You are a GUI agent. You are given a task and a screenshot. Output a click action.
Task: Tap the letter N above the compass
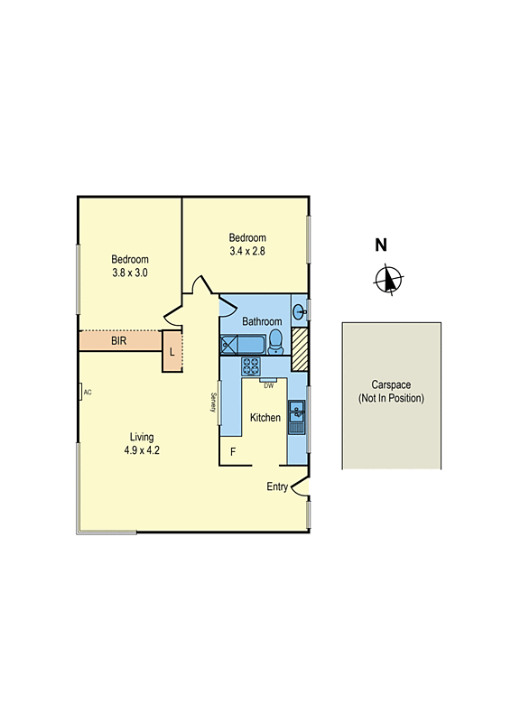click(x=381, y=245)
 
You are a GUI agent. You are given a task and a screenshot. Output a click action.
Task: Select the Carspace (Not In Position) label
click(x=391, y=392)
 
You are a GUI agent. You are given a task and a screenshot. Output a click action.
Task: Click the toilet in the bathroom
click(x=277, y=342)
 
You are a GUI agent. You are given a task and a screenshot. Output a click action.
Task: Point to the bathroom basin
click(x=301, y=312)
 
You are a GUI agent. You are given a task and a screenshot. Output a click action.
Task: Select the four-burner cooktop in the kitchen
click(x=250, y=366)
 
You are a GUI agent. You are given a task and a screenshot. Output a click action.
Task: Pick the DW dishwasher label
click(x=268, y=385)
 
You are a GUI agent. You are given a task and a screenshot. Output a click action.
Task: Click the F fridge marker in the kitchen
click(x=232, y=451)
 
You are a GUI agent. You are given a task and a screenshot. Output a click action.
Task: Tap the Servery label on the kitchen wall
click(x=213, y=403)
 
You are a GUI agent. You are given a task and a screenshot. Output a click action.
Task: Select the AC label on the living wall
click(x=88, y=393)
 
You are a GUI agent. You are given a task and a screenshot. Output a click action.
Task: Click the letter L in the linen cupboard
click(x=172, y=351)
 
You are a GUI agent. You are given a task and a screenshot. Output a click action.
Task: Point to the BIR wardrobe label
click(x=118, y=342)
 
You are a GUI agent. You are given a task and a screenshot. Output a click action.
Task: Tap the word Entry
click(x=277, y=486)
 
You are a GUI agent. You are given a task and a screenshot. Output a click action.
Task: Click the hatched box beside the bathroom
click(x=301, y=347)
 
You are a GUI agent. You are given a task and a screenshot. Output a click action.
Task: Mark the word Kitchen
click(x=265, y=418)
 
